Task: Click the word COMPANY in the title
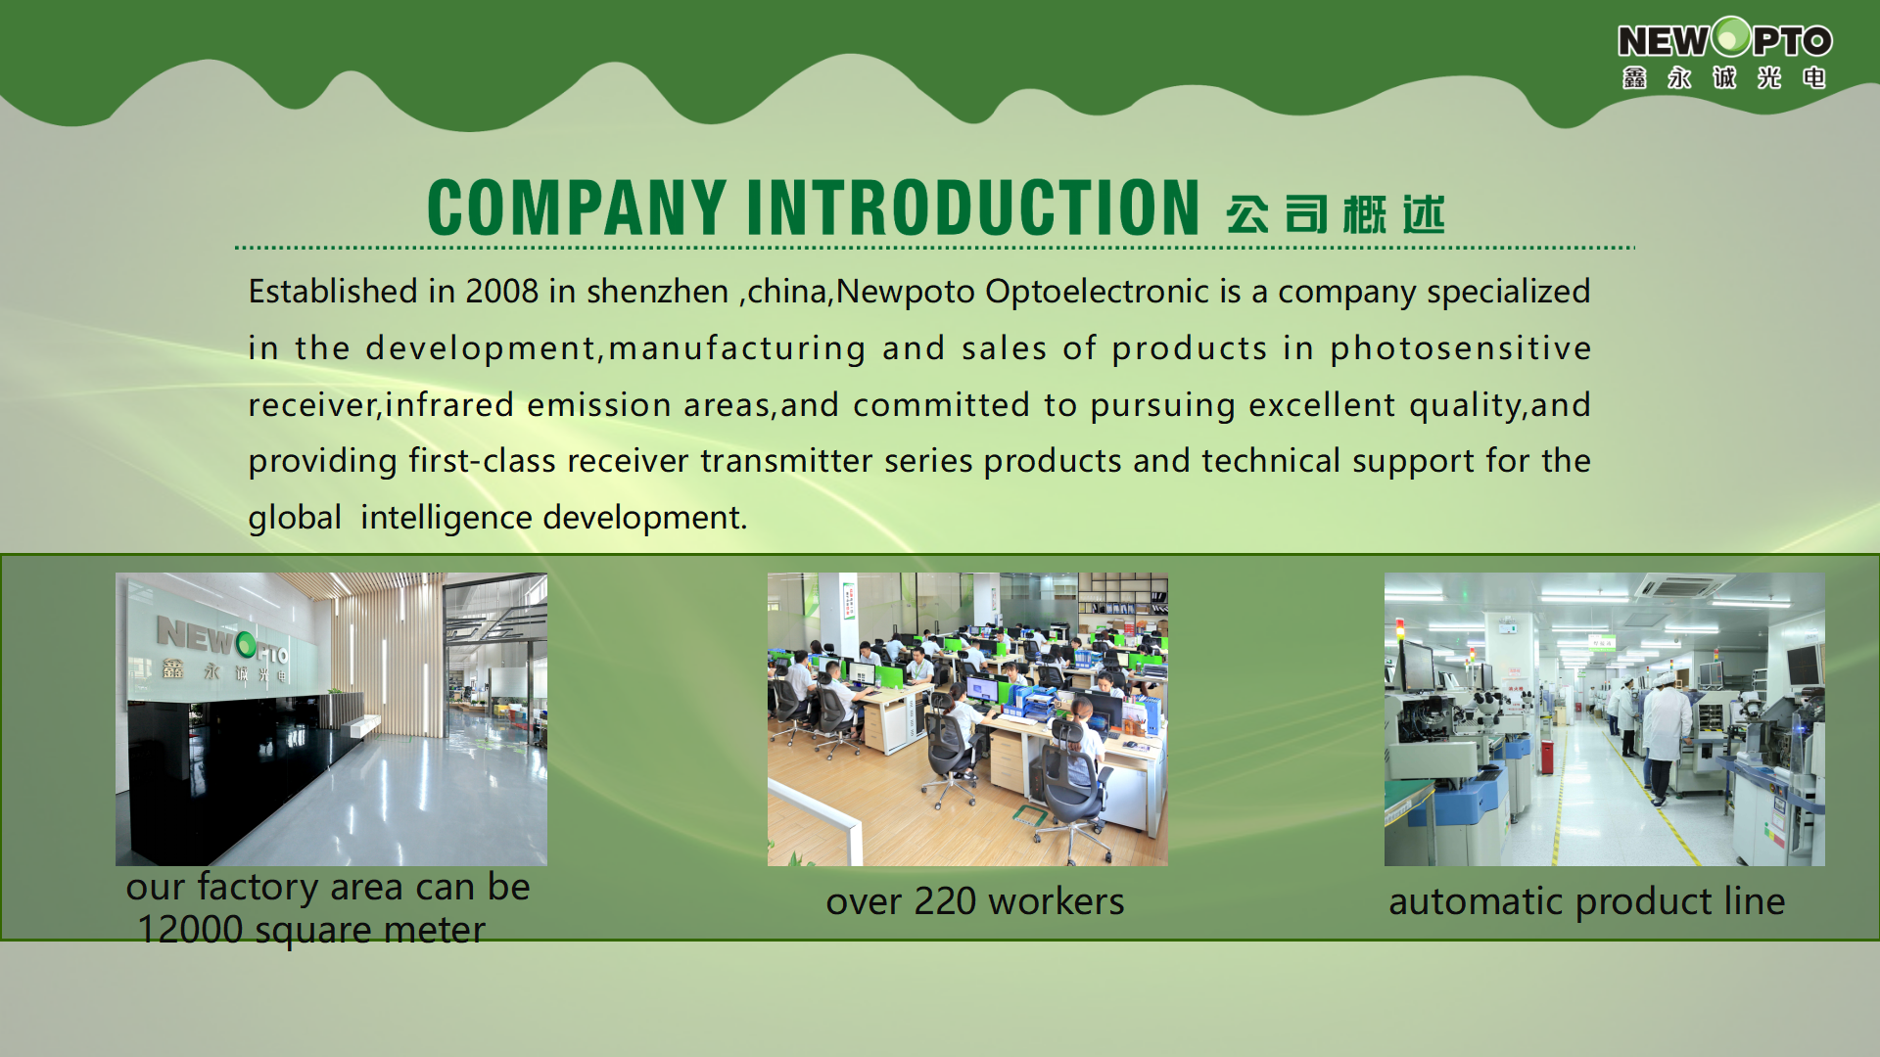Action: click(x=577, y=207)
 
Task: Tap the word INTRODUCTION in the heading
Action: click(x=973, y=207)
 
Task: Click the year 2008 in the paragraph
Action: click(x=501, y=292)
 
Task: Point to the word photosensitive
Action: click(x=1460, y=348)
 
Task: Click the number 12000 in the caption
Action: click(x=190, y=930)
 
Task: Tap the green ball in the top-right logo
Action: click(x=1731, y=37)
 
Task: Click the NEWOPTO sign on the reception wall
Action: click(x=222, y=642)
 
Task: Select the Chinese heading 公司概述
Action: click(x=1335, y=213)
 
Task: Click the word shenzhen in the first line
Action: click(x=657, y=292)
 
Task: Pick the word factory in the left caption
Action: click(x=258, y=887)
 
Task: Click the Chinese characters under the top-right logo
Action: click(x=1723, y=78)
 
